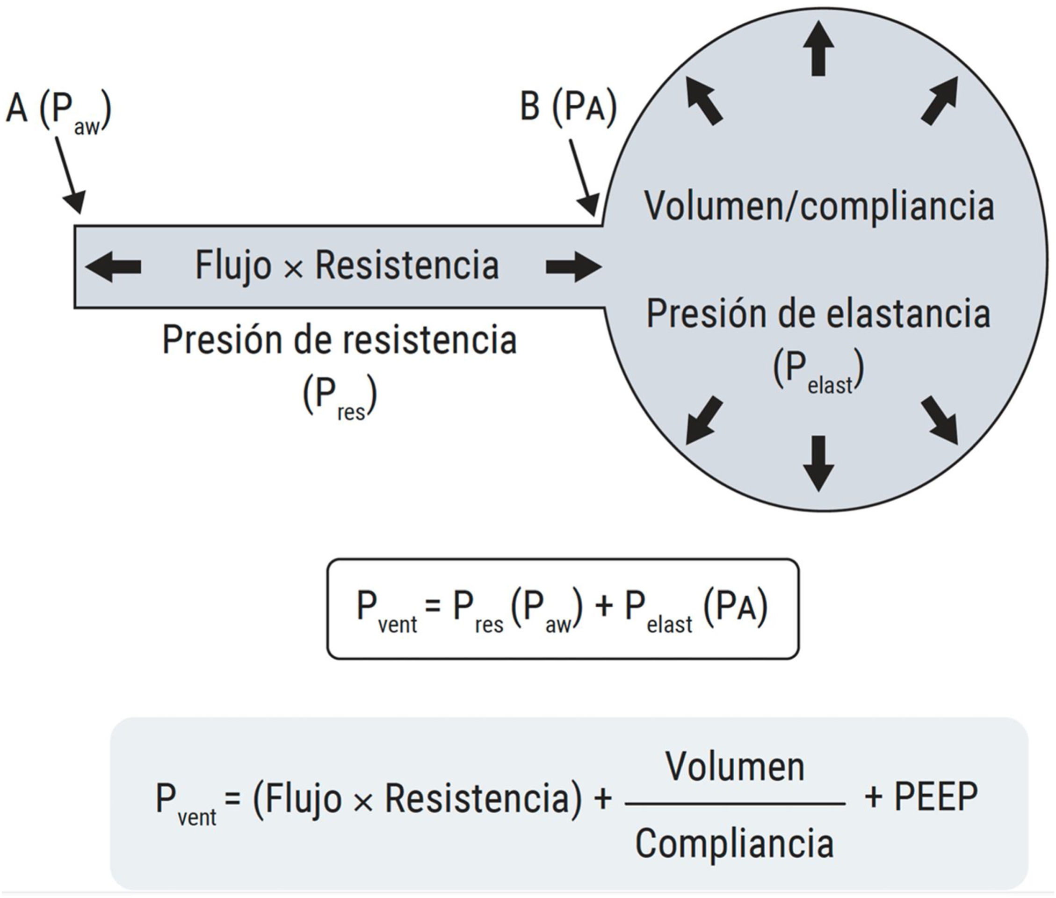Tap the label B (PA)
point(568,108)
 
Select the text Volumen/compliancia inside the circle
point(818,206)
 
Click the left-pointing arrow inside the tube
point(114,266)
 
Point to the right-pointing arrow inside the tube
point(573,266)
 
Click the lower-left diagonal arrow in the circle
point(704,420)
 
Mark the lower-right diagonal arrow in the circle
point(940,420)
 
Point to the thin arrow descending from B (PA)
point(583,177)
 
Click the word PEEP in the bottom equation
point(935,797)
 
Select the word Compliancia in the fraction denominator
point(734,843)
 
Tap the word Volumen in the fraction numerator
point(735,767)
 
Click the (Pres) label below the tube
point(340,396)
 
